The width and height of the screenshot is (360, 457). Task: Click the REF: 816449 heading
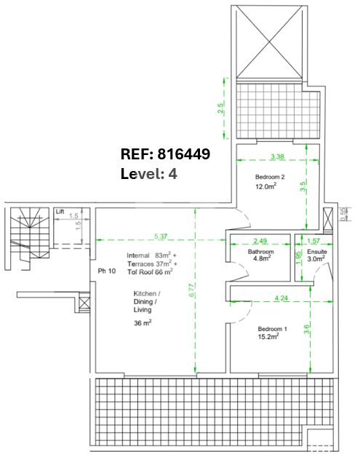point(165,154)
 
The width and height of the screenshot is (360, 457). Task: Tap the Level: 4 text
point(149,174)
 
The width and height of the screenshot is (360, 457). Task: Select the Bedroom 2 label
point(270,177)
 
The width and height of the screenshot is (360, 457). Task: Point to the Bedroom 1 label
point(272,329)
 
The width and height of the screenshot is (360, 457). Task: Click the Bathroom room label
point(260,252)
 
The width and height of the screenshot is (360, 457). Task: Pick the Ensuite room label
point(317,252)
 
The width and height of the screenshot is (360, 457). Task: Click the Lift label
point(60,212)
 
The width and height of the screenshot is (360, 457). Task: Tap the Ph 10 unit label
point(107,271)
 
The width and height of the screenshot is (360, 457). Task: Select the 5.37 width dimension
point(161,237)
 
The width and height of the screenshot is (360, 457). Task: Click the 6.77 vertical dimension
point(192,290)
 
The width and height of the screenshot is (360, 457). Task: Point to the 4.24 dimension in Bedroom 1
point(281,298)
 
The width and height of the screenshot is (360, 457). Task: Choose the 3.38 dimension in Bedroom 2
point(277,156)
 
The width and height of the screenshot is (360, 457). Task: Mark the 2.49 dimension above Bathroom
point(260,241)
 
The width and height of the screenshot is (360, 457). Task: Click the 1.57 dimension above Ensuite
point(313,241)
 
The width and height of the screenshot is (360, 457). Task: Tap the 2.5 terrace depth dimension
point(220,108)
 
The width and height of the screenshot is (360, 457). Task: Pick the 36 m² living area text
point(143,322)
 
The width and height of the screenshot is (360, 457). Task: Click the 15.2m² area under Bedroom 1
point(268,336)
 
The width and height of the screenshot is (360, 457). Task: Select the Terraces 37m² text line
point(152,263)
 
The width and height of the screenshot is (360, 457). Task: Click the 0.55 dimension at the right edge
point(344,214)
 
